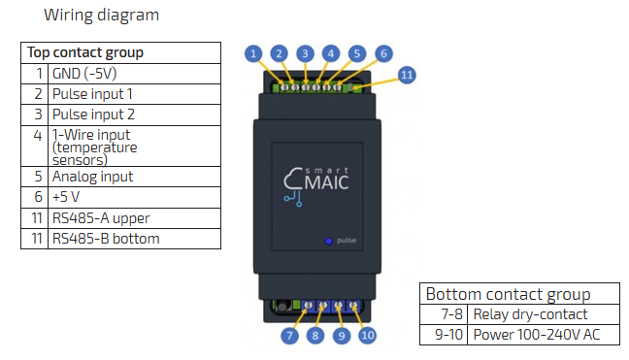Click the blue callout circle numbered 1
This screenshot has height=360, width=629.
tap(253, 53)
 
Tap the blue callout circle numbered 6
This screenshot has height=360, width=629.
tap(383, 53)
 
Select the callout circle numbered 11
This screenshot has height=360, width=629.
tap(407, 75)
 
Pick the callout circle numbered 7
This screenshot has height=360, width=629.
tap(289, 336)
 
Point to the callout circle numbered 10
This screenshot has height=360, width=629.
tap(368, 335)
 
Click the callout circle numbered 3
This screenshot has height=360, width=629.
tap(305, 53)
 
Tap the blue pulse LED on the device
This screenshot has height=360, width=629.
tap(328, 241)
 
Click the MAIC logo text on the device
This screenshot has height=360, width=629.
tap(326, 182)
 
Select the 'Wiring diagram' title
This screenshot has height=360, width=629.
tap(102, 16)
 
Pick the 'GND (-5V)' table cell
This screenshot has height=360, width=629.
tap(134, 74)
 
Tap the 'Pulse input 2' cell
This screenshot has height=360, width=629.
tap(134, 115)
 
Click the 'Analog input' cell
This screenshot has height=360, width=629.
tap(134, 177)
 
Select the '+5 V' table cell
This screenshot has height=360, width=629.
tap(134, 197)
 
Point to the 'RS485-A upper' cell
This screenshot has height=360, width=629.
tap(134, 218)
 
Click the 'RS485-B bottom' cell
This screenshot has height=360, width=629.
tap(134, 239)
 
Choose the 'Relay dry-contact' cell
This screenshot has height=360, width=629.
tap(544, 314)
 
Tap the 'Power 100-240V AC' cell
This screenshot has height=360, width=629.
tap(544, 335)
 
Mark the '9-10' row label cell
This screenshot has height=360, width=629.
tap(444, 335)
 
